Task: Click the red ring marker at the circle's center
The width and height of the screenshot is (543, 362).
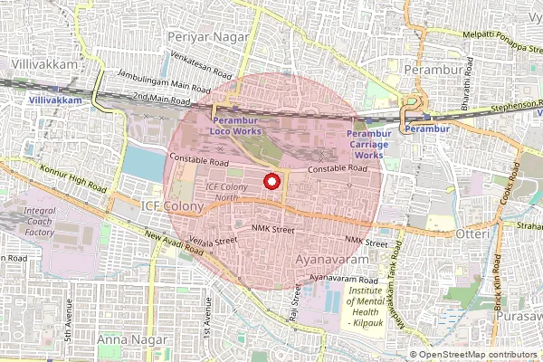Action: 271,182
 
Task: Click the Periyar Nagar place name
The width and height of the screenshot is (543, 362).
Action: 205,36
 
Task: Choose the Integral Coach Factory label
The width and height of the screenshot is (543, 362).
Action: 40,222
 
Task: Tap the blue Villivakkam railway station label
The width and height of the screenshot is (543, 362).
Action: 50,100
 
